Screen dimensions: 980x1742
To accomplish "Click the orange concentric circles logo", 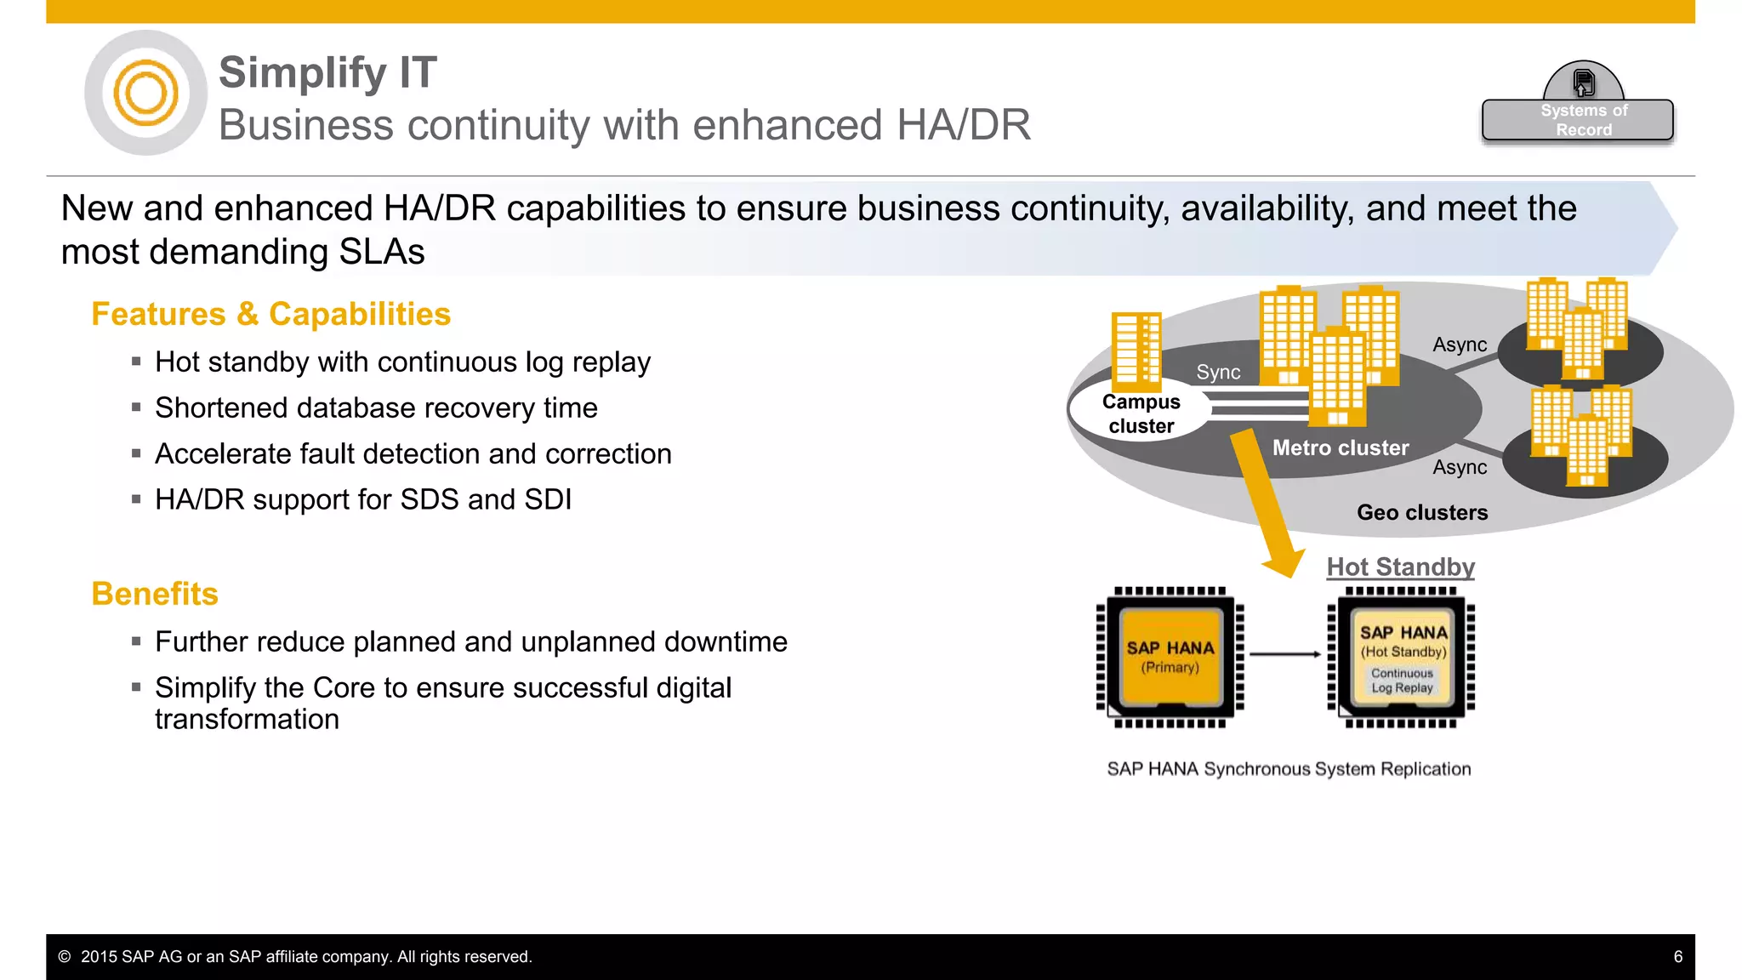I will coord(145,93).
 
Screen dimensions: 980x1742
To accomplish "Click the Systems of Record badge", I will coord(1578,119).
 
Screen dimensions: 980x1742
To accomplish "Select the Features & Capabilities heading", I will coord(270,314).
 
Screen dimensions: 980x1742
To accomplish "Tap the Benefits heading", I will coord(155,594).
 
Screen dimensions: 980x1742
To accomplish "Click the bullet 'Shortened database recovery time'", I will coord(376,408).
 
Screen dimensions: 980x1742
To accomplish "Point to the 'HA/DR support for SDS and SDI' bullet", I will coord(363,499).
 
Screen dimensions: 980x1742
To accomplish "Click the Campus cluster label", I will coord(1141,413).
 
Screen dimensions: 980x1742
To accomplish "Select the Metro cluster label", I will coord(1341,447).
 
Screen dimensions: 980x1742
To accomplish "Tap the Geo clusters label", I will coord(1422,512).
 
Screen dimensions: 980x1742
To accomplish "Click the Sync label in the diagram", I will coord(1218,372).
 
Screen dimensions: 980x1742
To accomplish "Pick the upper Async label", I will coord(1460,345).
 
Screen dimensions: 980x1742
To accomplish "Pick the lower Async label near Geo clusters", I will coord(1460,467).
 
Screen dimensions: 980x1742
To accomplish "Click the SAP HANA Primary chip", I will coord(1170,657).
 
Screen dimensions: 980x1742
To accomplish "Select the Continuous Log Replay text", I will coord(1402,681).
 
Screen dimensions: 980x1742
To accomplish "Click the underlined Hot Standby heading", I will coord(1400,567).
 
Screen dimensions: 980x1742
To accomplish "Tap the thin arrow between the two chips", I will coord(1284,654).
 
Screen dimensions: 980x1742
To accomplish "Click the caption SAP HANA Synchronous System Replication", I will coord(1289,769).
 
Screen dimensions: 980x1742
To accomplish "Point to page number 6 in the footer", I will coord(1677,956).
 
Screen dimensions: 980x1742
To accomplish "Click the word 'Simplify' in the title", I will coord(303,72).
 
